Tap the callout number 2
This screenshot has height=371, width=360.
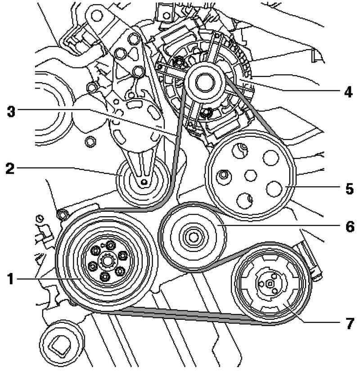pyautogui.click(x=9, y=169)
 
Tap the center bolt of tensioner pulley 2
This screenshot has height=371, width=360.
pyautogui.click(x=143, y=182)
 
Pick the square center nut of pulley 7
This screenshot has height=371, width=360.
pyautogui.click(x=269, y=283)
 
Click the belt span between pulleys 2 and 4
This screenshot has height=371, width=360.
pyautogui.click(x=178, y=135)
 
